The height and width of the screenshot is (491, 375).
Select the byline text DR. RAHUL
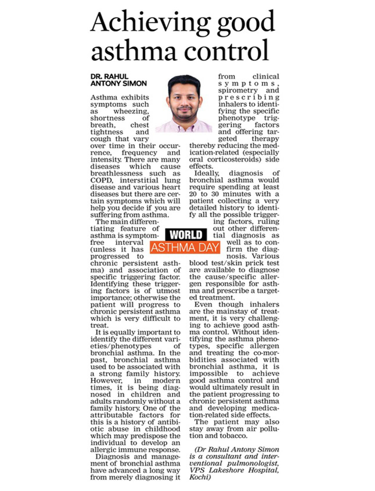(x=109, y=76)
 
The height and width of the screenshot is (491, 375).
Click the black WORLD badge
(x=186, y=235)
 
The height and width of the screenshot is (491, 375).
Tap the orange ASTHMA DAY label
(x=185, y=248)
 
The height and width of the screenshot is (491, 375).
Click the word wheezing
(x=131, y=111)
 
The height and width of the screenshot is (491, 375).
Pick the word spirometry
(x=238, y=90)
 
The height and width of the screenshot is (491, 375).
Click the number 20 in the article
(x=194, y=194)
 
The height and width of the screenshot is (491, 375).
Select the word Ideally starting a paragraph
(x=207, y=174)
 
